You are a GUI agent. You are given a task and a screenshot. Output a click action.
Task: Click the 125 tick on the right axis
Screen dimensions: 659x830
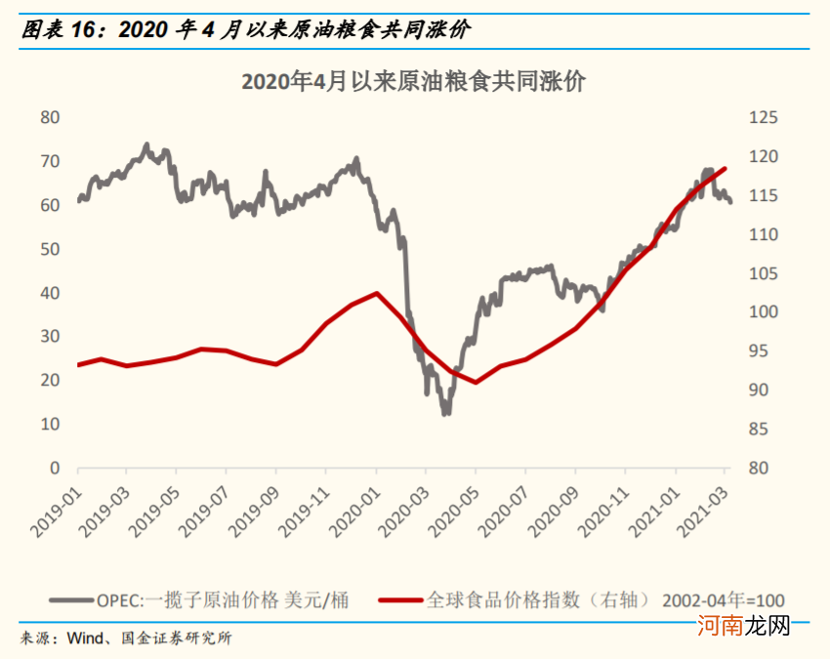click(x=763, y=117)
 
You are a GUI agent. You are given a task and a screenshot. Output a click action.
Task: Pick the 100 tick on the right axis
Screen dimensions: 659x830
click(x=763, y=312)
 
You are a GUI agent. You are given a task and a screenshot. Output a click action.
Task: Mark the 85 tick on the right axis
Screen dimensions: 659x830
click(x=763, y=430)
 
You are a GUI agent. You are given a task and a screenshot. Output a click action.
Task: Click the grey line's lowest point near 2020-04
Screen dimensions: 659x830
click(x=445, y=414)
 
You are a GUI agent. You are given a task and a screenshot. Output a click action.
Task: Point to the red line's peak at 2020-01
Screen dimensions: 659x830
click(x=376, y=293)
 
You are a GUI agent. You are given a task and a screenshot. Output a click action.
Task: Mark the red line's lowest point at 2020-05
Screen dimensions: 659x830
click(x=476, y=382)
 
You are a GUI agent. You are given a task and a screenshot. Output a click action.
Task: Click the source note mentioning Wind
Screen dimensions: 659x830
click(x=127, y=639)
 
